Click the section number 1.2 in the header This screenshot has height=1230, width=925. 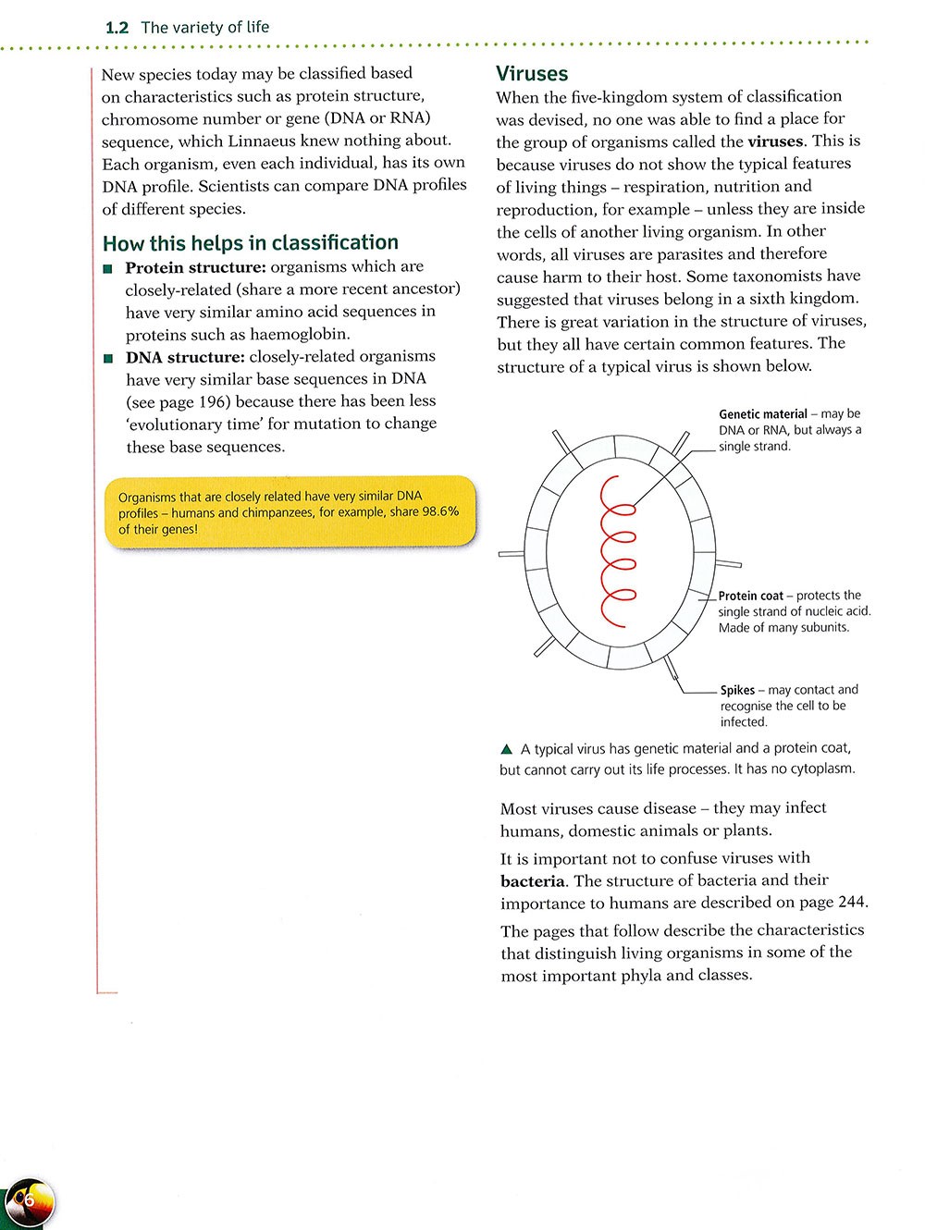click(117, 28)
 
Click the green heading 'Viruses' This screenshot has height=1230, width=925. click(532, 74)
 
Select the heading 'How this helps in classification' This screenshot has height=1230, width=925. click(251, 243)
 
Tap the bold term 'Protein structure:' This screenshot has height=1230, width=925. click(196, 267)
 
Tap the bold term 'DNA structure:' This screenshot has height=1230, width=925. click(186, 357)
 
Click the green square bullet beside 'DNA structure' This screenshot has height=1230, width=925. click(109, 358)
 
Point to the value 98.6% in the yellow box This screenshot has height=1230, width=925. click(440, 511)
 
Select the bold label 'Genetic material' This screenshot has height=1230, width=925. click(763, 414)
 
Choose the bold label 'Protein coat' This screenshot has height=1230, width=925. click(750, 597)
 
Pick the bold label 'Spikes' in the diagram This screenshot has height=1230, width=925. click(737, 690)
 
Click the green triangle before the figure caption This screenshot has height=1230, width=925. click(506, 749)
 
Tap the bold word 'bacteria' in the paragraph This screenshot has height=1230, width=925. click(532, 881)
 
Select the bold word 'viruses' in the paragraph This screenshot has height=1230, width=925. click(776, 141)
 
